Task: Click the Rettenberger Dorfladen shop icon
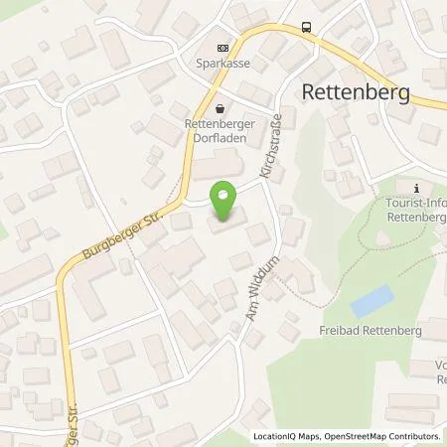click(x=221, y=110)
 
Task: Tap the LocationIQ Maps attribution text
click(x=281, y=436)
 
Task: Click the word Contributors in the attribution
click(x=409, y=436)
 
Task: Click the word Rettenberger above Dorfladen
click(x=221, y=124)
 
